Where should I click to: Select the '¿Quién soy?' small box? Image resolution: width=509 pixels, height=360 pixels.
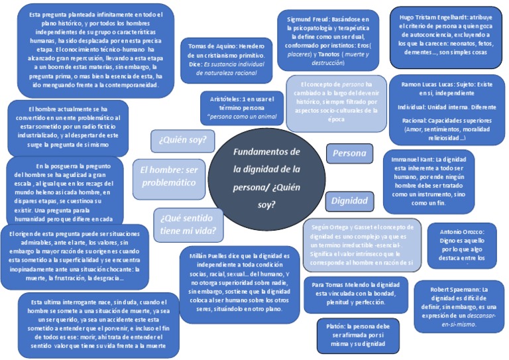click(182, 141)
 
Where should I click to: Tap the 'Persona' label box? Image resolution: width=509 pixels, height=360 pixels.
click(349, 153)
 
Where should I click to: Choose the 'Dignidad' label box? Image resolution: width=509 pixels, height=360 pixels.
click(349, 201)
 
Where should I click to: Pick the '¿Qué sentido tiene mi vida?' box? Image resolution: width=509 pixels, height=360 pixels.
click(188, 225)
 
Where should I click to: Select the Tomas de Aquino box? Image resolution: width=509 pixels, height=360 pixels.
click(226, 60)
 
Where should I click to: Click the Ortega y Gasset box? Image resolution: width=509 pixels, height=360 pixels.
click(362, 244)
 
